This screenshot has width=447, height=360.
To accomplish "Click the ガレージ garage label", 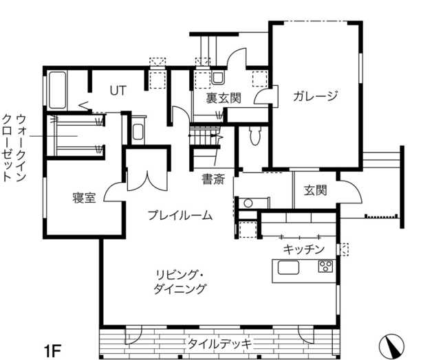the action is point(315,96).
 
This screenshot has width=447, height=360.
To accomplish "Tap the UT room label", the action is point(118,91).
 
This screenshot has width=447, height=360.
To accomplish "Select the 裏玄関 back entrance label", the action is point(223,98).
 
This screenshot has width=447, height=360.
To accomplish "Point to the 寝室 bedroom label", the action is point(84,198).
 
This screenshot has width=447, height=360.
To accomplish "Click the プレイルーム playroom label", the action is point(180,215).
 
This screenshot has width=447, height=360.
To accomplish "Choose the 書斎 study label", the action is point(213,179).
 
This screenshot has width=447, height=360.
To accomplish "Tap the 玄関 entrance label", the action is point(315,190).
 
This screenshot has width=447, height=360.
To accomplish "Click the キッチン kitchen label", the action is point(304,249).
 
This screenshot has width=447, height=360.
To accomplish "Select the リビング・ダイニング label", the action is point(179,282).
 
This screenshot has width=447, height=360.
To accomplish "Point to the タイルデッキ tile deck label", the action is point(219,344).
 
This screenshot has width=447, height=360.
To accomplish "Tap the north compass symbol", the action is point(392,346).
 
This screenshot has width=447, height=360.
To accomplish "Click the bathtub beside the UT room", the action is point(57,90).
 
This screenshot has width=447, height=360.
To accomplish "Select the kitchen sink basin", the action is point(289,267).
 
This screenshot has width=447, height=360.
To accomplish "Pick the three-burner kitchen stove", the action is point(326,266).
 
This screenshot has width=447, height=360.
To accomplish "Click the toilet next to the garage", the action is point(254,135).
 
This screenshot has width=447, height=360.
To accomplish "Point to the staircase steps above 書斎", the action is point(205,136).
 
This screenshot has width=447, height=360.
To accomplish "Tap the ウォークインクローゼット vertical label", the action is point(14,148).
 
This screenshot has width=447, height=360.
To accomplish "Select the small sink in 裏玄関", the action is point(219,78).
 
